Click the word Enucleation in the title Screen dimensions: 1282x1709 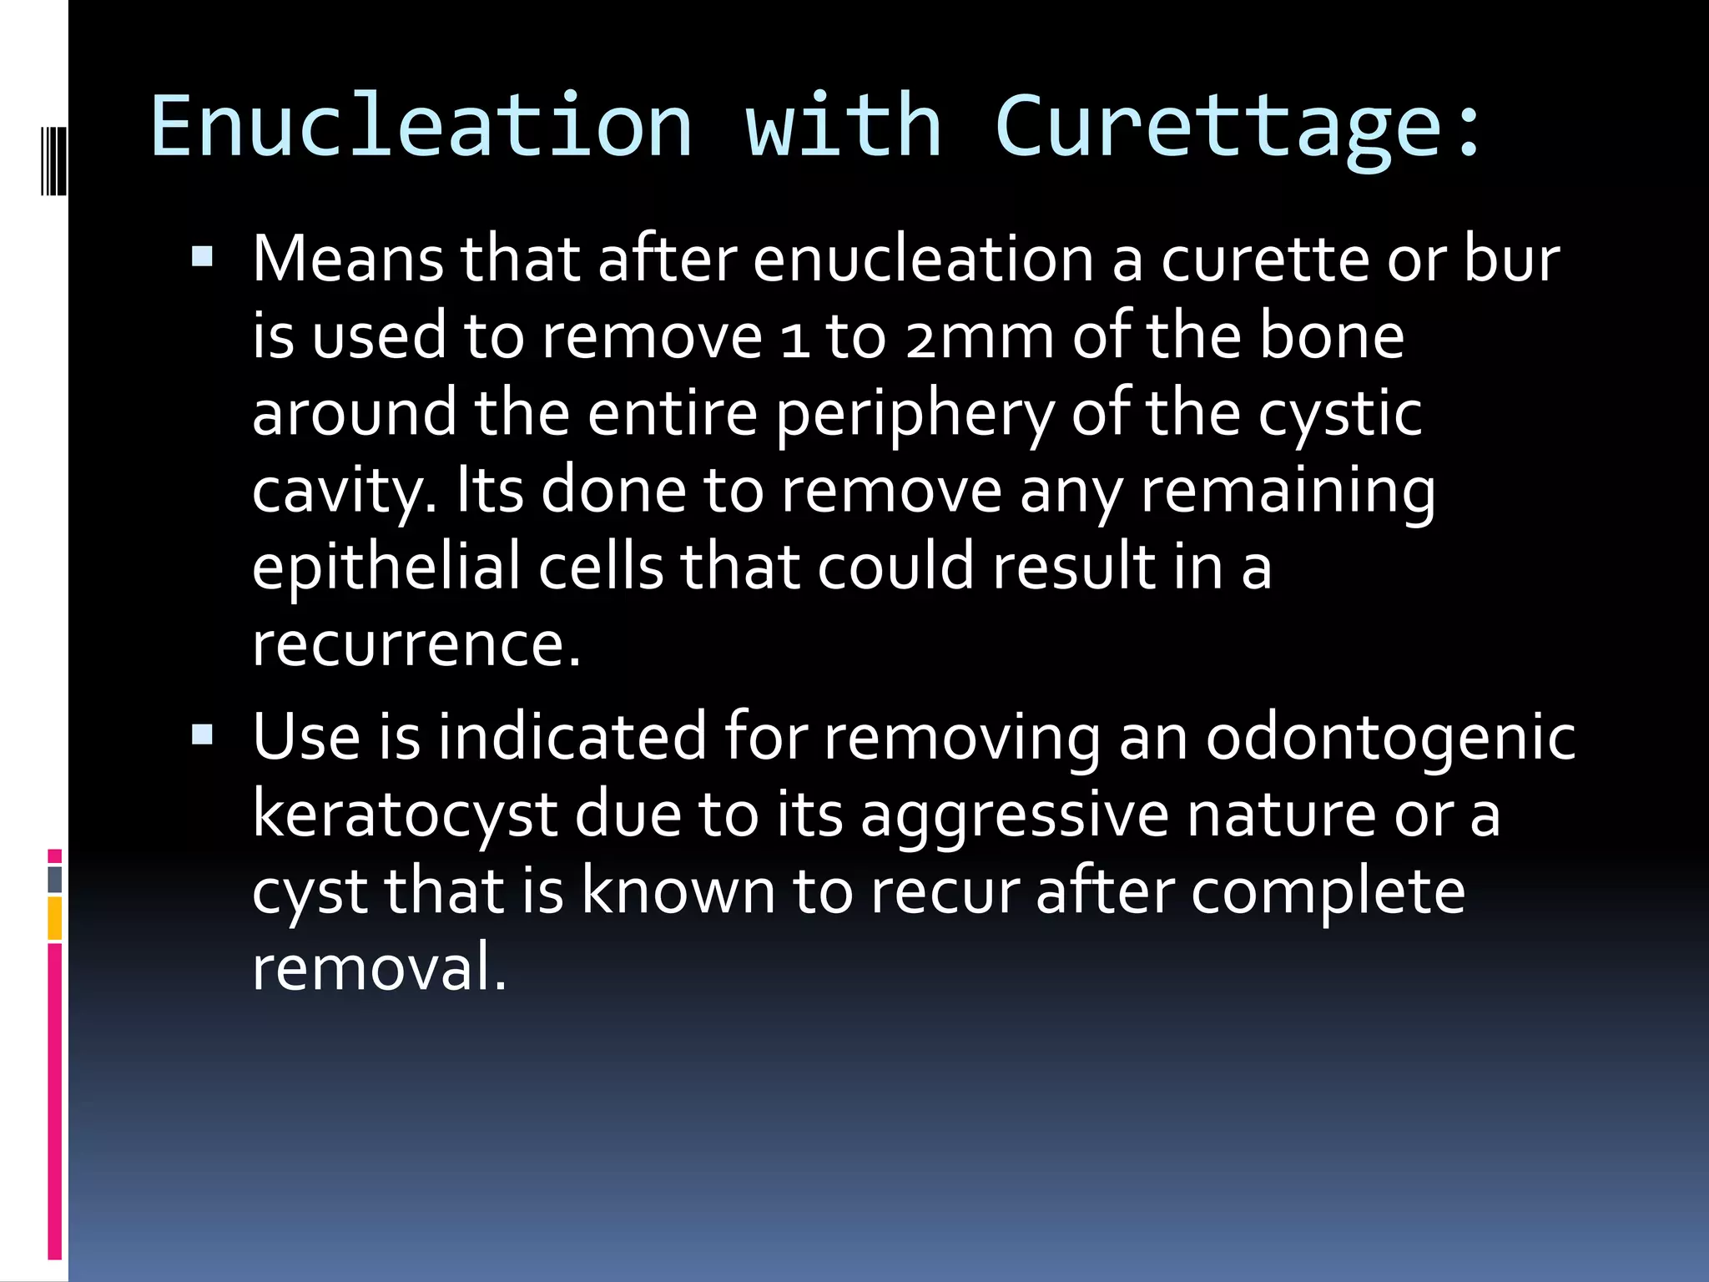point(421,125)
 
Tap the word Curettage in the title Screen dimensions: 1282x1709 point(1218,125)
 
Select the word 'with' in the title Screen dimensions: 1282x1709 point(843,125)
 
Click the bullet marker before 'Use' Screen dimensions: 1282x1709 point(203,734)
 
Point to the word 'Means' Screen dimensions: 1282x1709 point(348,259)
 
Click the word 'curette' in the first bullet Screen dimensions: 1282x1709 point(1264,259)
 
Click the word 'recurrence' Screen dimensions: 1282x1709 point(415,645)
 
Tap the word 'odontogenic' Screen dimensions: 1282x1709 point(1390,737)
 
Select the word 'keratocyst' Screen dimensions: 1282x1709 point(405,815)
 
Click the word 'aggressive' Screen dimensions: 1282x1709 point(1014,815)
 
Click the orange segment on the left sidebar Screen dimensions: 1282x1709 point(55,918)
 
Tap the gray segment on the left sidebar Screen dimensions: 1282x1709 point(55,880)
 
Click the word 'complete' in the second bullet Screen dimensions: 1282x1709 point(1327,891)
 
